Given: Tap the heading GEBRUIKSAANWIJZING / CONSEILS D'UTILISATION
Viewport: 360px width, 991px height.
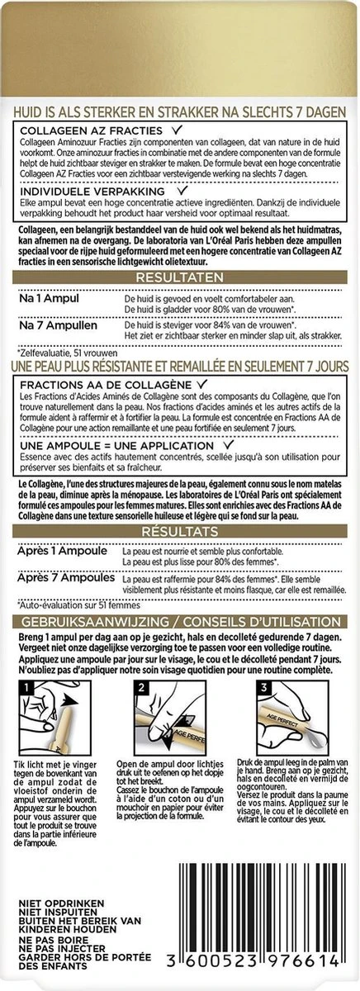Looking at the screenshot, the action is click(180, 619).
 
